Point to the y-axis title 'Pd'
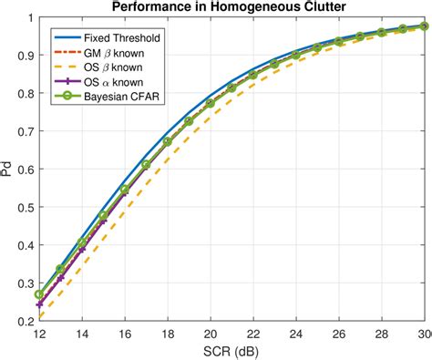(7, 170)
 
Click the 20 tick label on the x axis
(211, 334)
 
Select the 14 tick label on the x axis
(82, 334)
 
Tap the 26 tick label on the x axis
(339, 334)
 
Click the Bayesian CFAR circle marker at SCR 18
(168, 141)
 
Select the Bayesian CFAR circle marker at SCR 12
(39, 294)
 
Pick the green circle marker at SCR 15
(103, 216)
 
